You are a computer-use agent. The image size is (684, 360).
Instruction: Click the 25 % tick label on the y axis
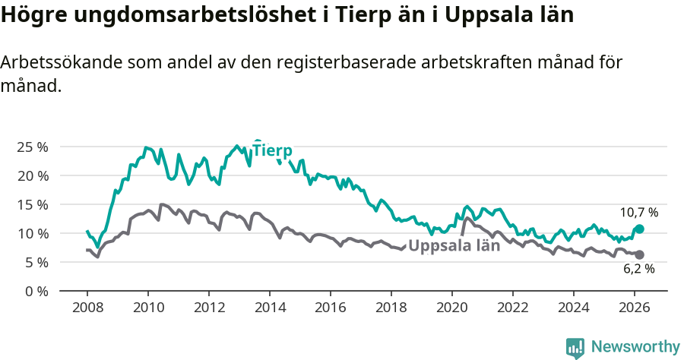[x=32, y=147]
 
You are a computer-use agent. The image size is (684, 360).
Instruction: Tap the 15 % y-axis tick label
[x=32, y=204]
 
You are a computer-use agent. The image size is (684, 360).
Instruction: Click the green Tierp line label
[x=272, y=150]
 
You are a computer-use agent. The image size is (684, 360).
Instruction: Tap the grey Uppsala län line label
[x=454, y=245]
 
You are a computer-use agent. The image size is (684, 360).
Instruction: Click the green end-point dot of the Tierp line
[x=639, y=229]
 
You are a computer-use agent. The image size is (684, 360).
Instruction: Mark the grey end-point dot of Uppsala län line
[x=639, y=254]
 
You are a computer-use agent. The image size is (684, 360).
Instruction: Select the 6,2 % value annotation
[x=638, y=269]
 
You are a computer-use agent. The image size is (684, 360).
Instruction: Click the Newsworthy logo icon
[x=575, y=347]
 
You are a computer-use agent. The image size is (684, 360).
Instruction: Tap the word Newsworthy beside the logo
[x=635, y=347]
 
